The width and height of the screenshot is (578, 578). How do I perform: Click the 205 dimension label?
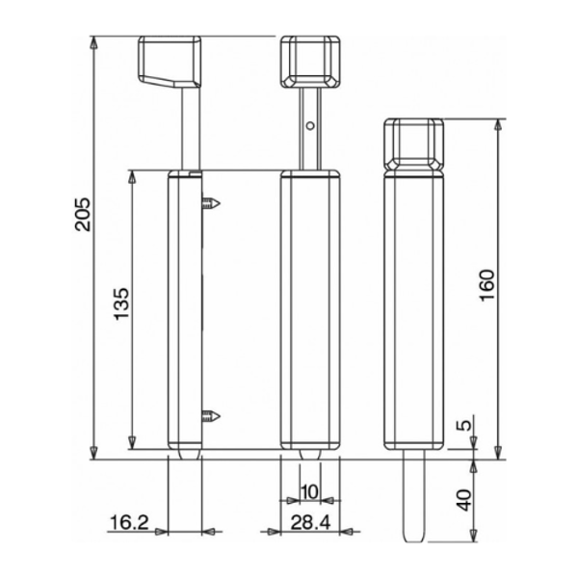pos(82,217)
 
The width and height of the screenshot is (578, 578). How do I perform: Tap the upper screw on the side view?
pos(213,203)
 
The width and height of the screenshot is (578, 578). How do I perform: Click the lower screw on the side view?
pos(213,415)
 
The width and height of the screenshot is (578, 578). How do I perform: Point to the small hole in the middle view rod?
pos(308,124)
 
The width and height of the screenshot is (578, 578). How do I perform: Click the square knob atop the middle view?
pos(310,61)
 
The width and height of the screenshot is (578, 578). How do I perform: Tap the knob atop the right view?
pos(414,144)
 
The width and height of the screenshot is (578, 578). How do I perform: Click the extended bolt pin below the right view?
pos(413,496)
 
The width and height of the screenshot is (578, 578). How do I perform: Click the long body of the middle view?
pos(310,308)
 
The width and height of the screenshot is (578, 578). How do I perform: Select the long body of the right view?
pos(414,308)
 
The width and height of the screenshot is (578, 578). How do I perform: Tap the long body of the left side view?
pos(184,308)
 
